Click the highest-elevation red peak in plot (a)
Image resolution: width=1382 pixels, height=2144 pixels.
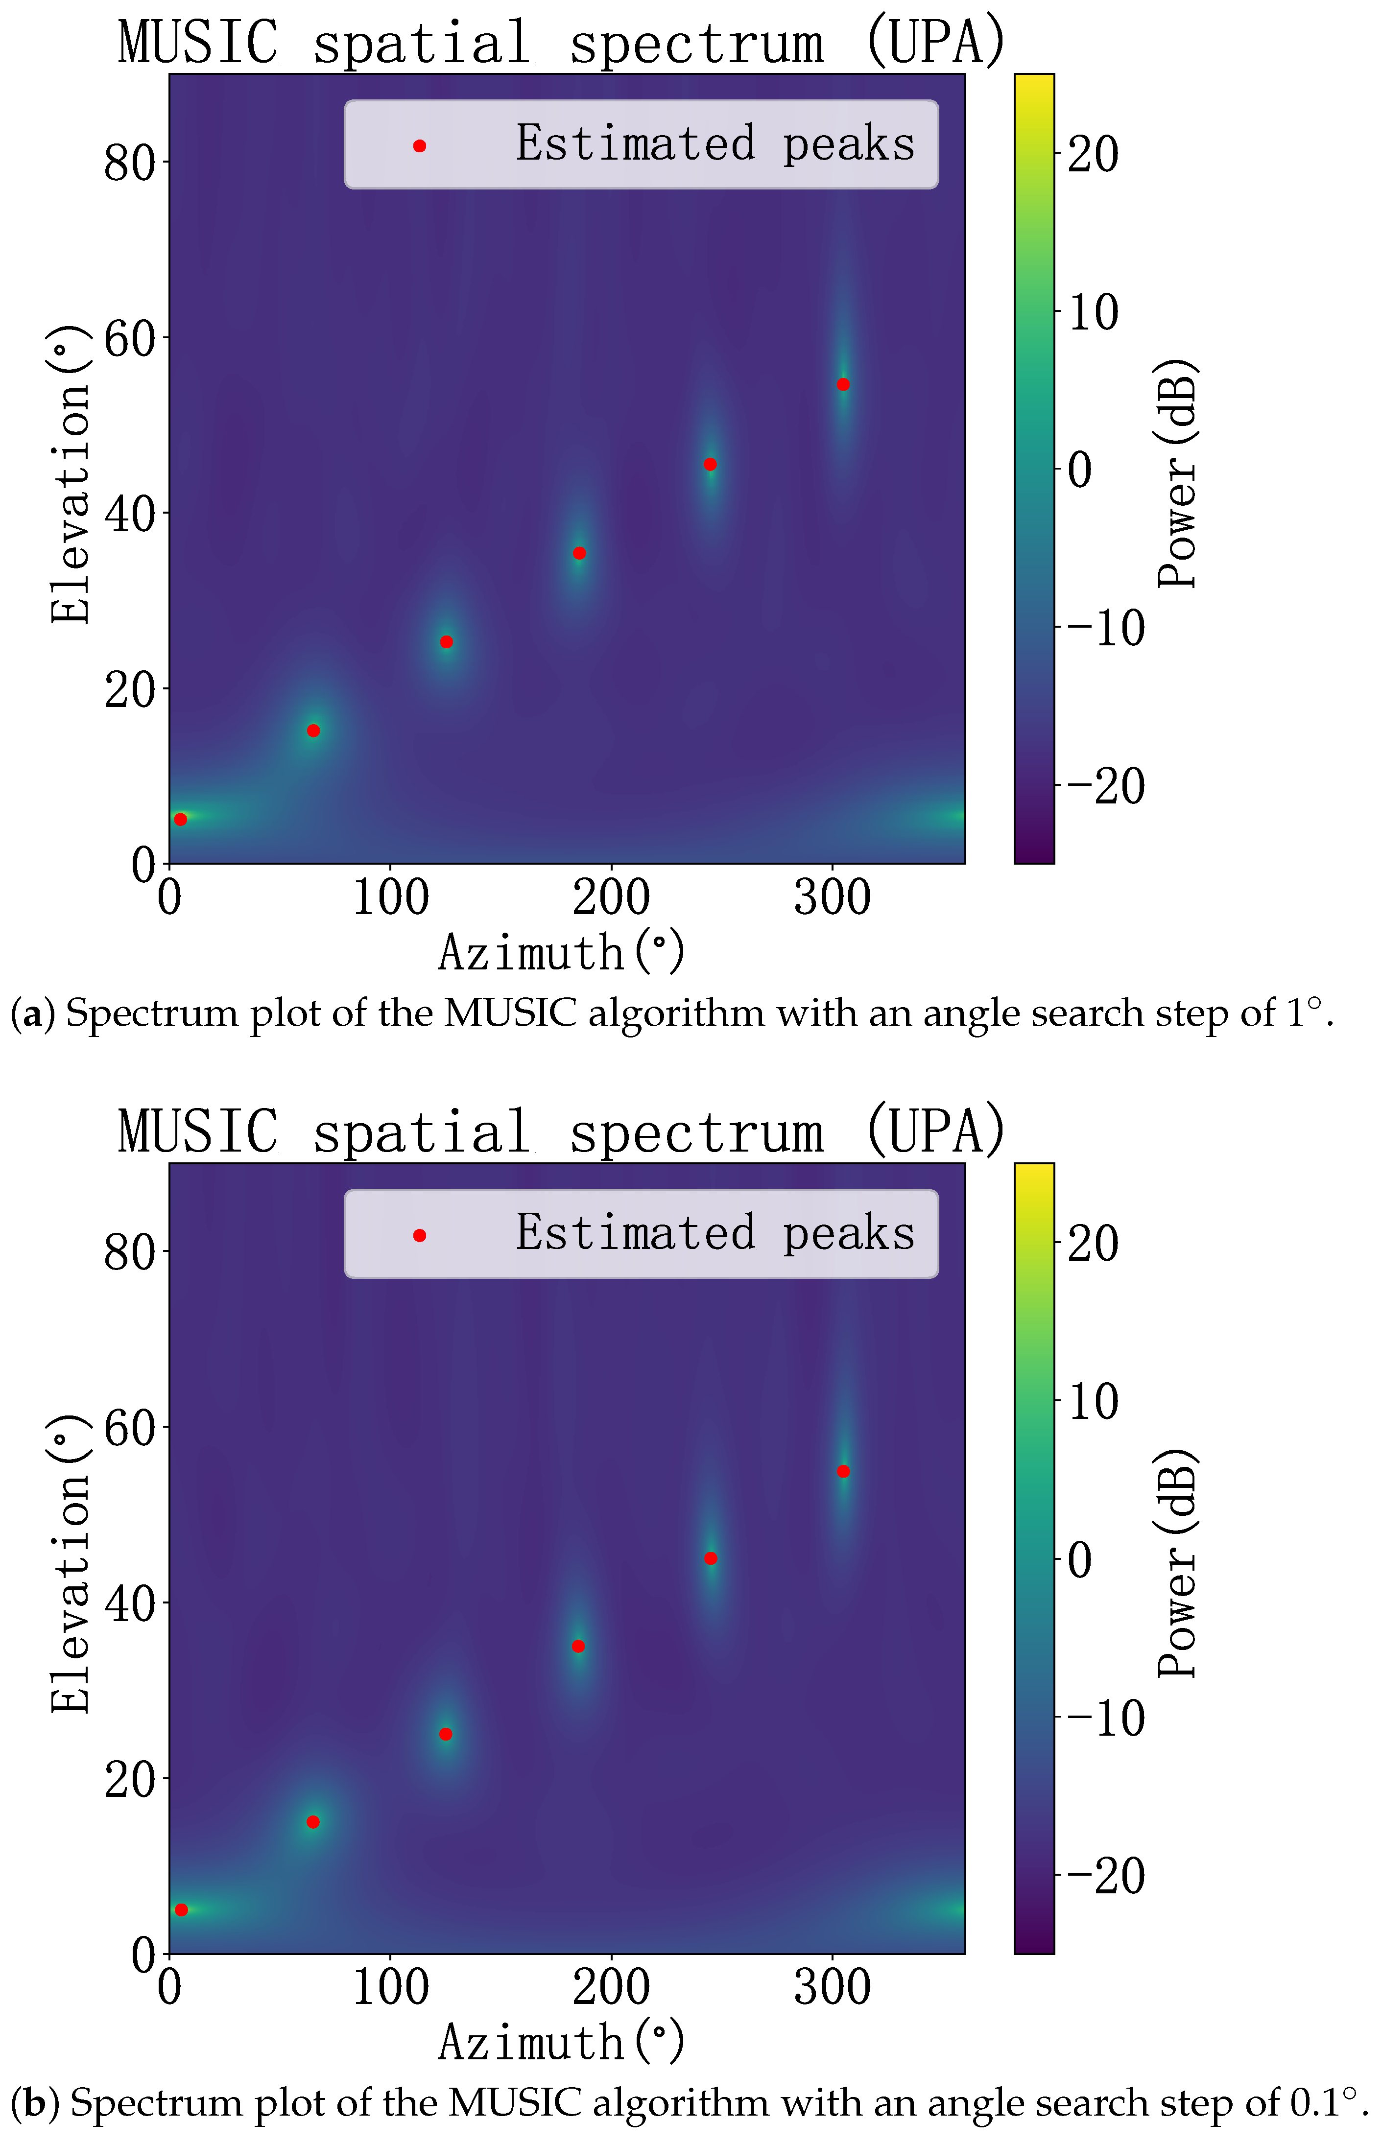click(x=843, y=385)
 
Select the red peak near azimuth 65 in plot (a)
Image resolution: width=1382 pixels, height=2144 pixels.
click(x=313, y=730)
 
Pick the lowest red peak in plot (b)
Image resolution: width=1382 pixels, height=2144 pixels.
click(x=181, y=1910)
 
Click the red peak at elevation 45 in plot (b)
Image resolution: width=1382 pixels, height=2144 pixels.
click(x=711, y=1558)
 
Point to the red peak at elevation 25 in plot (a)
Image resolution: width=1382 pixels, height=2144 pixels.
click(x=446, y=642)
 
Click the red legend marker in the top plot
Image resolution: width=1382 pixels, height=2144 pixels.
click(x=419, y=145)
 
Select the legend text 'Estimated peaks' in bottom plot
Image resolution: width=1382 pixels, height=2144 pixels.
click(x=715, y=1232)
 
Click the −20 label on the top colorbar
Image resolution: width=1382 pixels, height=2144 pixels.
click(x=1106, y=786)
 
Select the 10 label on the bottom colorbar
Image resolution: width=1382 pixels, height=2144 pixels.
click(x=1093, y=1401)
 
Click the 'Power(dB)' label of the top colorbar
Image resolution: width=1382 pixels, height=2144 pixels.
click(x=1177, y=473)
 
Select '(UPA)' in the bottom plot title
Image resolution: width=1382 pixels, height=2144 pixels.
click(x=934, y=1131)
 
